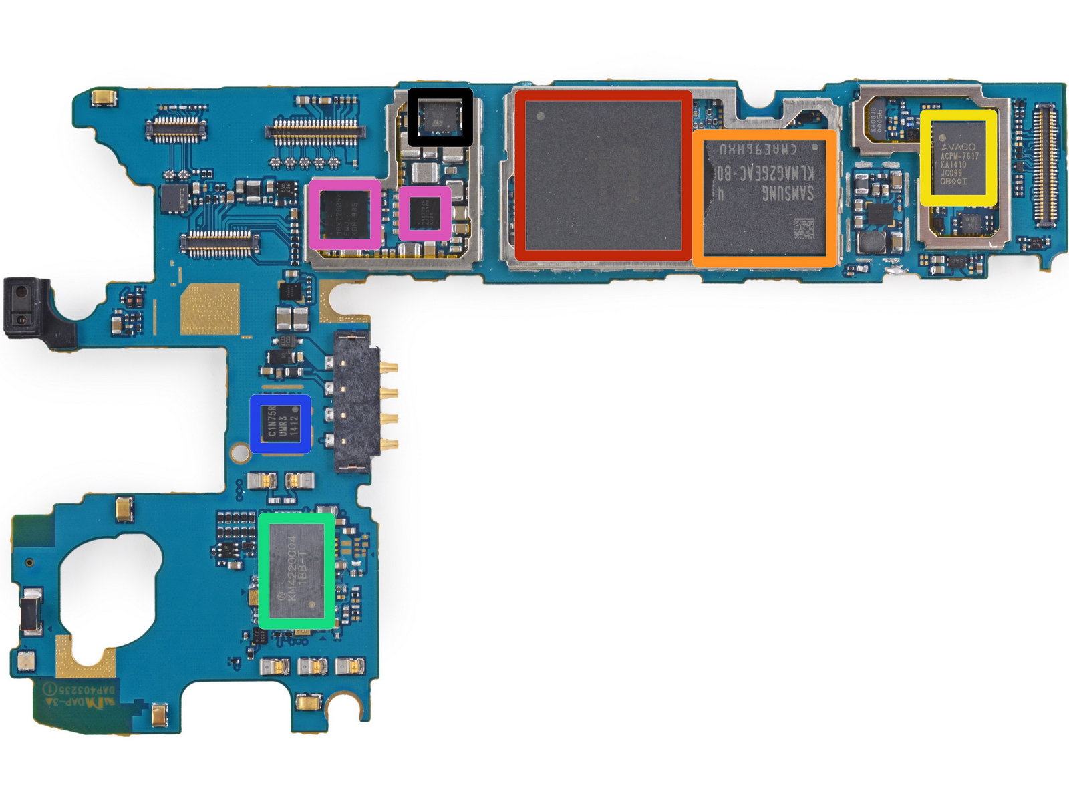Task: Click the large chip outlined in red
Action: tap(603, 175)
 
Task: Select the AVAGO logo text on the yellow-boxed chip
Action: tap(959, 146)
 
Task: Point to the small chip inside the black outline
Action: tap(440, 117)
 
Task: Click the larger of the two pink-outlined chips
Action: tap(345, 215)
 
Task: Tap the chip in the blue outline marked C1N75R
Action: tap(281, 424)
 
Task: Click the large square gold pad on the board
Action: tap(210, 309)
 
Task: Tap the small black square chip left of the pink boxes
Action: tap(174, 198)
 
